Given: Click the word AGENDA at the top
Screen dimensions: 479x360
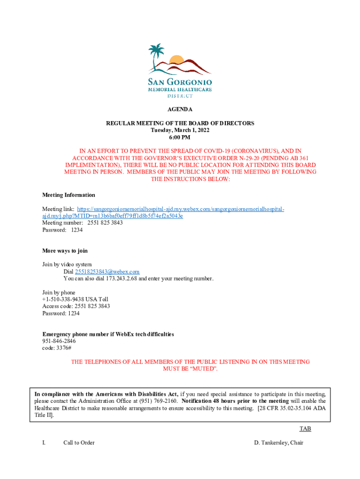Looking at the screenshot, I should [180, 109].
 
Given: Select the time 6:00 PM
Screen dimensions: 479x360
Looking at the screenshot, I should [180, 137].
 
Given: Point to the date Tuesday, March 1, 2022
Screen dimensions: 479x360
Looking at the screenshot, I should [180, 130].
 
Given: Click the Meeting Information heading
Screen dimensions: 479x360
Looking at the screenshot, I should [69, 195].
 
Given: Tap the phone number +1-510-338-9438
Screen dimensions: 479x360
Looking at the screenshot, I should [64, 299].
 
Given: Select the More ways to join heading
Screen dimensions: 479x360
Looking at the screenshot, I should [65, 251].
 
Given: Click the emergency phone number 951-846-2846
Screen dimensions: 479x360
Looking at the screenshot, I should [59, 341].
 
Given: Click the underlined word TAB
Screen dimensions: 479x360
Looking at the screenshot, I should [305, 429].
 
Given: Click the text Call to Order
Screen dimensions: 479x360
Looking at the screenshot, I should [79, 443].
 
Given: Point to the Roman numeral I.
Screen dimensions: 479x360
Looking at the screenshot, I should [43, 443].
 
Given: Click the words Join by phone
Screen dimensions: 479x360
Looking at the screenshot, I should [58, 292].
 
